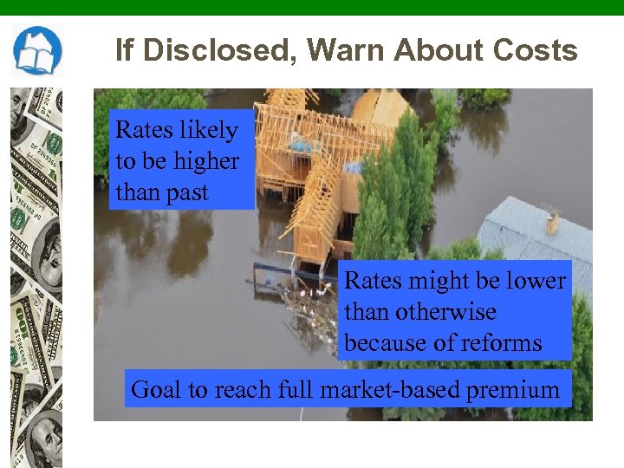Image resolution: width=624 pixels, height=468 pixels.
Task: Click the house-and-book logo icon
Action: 37,51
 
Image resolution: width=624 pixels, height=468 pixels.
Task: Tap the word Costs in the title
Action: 535,50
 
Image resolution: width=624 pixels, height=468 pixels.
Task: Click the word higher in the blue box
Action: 205,160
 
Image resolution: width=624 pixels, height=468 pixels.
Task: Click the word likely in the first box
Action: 208,130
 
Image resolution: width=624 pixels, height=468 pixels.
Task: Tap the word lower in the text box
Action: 536,281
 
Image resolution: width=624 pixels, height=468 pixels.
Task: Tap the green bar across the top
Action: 312,7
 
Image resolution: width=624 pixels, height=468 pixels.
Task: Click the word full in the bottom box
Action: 295,389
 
